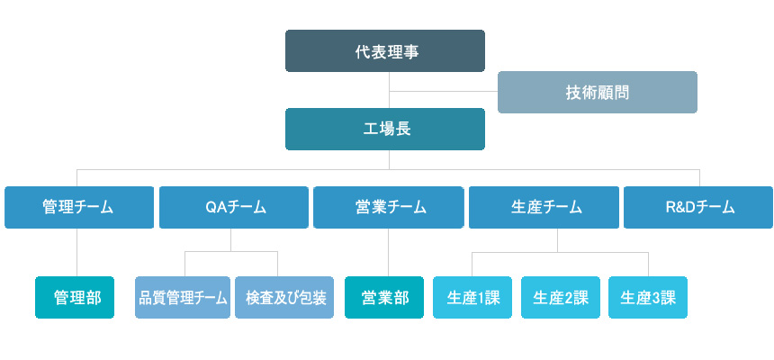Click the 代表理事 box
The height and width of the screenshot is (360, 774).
[x=385, y=51]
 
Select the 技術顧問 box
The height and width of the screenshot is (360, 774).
[x=598, y=93]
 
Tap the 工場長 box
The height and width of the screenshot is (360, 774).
[x=385, y=130]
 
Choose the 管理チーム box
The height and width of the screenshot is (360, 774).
[x=79, y=207]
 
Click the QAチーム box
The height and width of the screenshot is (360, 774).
[x=234, y=207]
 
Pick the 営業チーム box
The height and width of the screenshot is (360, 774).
[x=389, y=207]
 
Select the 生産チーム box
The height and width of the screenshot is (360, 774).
[x=544, y=207]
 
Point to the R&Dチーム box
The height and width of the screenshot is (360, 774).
[x=698, y=207]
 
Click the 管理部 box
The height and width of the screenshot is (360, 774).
[x=75, y=297]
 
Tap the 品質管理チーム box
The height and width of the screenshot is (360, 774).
[x=183, y=297]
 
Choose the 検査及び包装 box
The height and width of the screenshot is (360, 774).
[x=284, y=297]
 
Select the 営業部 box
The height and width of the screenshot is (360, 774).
[x=384, y=297]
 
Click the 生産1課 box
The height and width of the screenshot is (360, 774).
[x=472, y=297]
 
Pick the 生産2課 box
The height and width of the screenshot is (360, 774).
[x=561, y=297]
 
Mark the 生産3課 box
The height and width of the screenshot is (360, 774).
[x=648, y=297]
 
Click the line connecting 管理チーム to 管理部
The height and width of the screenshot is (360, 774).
[x=77, y=252]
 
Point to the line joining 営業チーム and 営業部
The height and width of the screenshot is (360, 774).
[x=389, y=252]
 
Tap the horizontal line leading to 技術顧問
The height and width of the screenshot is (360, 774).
[x=444, y=92]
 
